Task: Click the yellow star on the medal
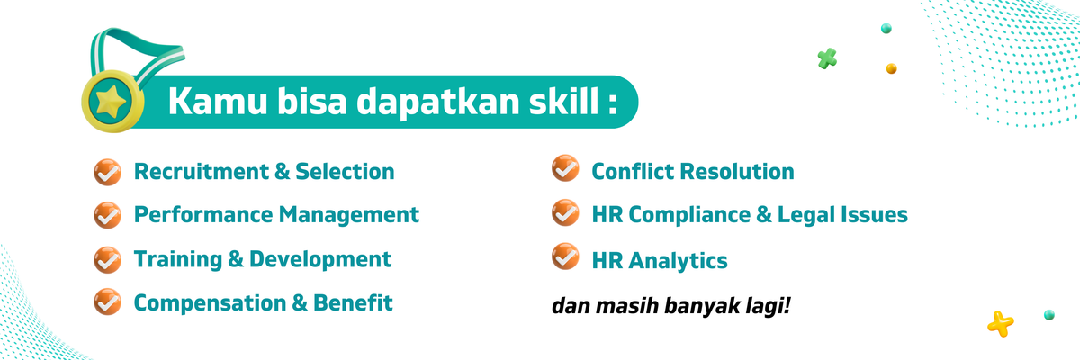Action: tap(112, 99)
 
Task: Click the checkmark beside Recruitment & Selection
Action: tap(107, 171)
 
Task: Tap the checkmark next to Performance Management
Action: tap(107, 215)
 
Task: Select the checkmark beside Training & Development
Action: tap(107, 259)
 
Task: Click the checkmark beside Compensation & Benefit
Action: tap(107, 302)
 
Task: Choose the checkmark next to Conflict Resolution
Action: tap(565, 170)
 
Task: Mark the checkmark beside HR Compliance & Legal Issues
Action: tap(565, 214)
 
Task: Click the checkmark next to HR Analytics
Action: tap(565, 258)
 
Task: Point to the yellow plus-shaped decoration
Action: tap(1000, 321)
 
